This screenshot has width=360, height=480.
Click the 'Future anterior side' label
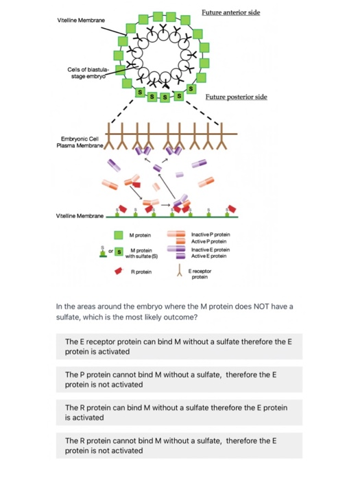231,13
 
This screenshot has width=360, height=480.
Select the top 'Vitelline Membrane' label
80,21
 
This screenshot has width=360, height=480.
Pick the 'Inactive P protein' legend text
211,235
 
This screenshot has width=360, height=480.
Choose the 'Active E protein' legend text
208,255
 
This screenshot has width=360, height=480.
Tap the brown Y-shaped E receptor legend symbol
178,272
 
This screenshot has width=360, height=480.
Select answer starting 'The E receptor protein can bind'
178,346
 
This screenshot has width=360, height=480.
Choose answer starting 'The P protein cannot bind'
178,379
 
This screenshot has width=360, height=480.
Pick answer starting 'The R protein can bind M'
178,412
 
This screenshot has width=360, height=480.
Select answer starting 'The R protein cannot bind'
178,445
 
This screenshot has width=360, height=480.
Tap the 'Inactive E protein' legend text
211,250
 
